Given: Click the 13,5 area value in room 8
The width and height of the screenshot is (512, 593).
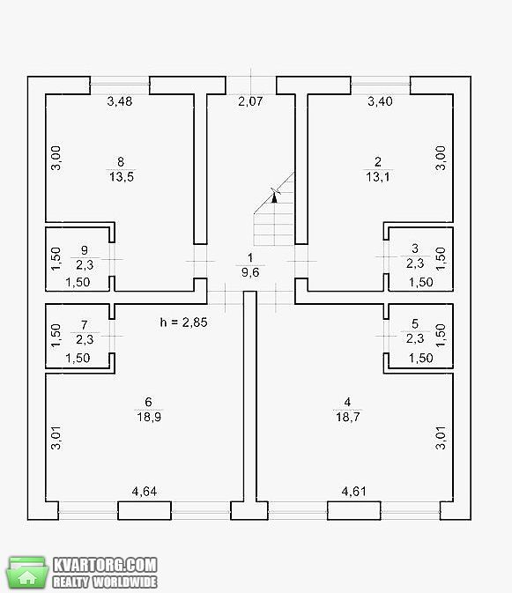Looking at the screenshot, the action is click(x=122, y=176).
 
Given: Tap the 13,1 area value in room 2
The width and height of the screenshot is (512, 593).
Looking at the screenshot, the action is click(x=378, y=176).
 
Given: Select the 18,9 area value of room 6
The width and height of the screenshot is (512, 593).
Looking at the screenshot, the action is click(x=149, y=417).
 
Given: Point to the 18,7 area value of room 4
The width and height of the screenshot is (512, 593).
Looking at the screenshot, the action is click(x=348, y=417).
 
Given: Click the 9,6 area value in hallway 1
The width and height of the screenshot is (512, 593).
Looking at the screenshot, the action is click(x=250, y=272).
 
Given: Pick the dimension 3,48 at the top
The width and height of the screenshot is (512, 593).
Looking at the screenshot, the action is click(x=120, y=101).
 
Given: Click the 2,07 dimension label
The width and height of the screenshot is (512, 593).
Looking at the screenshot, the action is click(x=250, y=101).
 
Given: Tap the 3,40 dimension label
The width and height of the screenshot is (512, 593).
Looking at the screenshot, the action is click(x=380, y=101).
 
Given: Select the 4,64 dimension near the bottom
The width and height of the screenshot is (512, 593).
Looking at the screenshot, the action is click(x=144, y=492).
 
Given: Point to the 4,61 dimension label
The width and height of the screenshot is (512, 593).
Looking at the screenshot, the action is click(x=353, y=492).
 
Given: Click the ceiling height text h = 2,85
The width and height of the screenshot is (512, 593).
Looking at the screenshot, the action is click(x=184, y=322).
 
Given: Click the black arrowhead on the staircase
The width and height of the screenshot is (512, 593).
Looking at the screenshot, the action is click(x=275, y=197).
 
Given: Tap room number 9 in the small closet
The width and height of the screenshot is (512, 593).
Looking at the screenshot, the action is click(x=85, y=250).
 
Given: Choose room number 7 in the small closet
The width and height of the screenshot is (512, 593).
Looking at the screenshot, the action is click(x=85, y=325).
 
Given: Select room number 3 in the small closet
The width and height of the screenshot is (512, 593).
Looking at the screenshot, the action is click(x=415, y=248).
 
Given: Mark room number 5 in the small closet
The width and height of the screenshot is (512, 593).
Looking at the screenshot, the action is click(x=415, y=323).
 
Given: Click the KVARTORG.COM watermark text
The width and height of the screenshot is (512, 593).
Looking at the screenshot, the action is click(x=105, y=565).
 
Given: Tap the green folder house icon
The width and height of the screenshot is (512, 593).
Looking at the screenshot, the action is click(x=27, y=572).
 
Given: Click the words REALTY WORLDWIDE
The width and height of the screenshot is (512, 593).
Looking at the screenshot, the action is click(x=105, y=582).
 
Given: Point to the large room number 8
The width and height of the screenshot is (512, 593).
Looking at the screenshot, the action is click(x=121, y=162).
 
